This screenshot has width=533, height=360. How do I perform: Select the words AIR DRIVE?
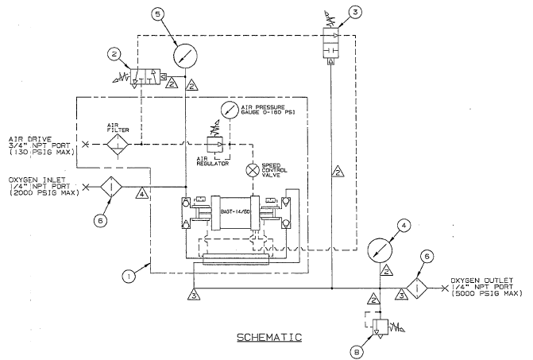click(23, 137)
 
